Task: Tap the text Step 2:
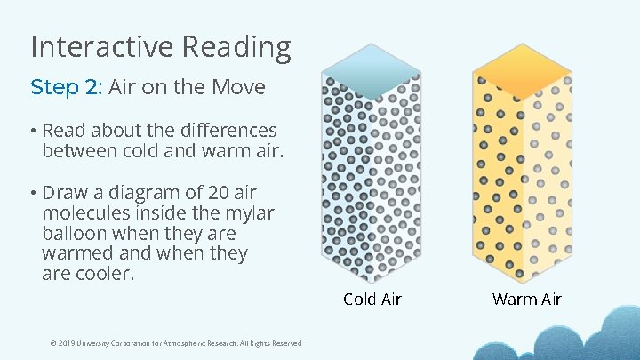tap(67, 87)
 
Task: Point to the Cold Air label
tap(372, 299)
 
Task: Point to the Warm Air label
tap(527, 299)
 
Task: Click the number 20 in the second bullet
tap(219, 193)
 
